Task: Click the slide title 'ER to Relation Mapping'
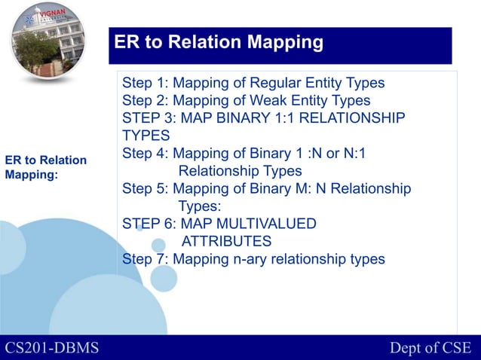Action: pos(219,41)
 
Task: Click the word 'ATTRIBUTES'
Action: pos(226,241)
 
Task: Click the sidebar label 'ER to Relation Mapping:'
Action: pos(45,167)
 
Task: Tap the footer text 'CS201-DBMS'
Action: pos(52,347)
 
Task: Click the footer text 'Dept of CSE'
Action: pos(430,347)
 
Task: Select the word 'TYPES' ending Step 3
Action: pos(146,136)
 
